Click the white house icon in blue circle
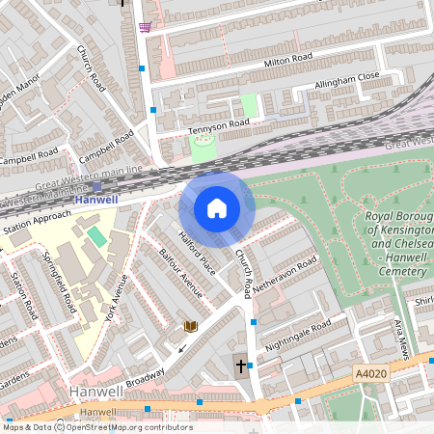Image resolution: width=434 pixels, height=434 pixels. pyautogui.click(x=217, y=207)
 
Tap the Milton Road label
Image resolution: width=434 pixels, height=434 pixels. pyautogui.click(x=289, y=62)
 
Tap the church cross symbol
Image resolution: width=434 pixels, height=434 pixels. pyautogui.click(x=239, y=365)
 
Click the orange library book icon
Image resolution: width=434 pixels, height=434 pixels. pyautogui.click(x=191, y=326)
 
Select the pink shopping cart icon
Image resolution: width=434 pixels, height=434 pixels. pyautogui.click(x=145, y=26)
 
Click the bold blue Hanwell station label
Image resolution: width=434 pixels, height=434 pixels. pyautogui.click(x=96, y=200)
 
